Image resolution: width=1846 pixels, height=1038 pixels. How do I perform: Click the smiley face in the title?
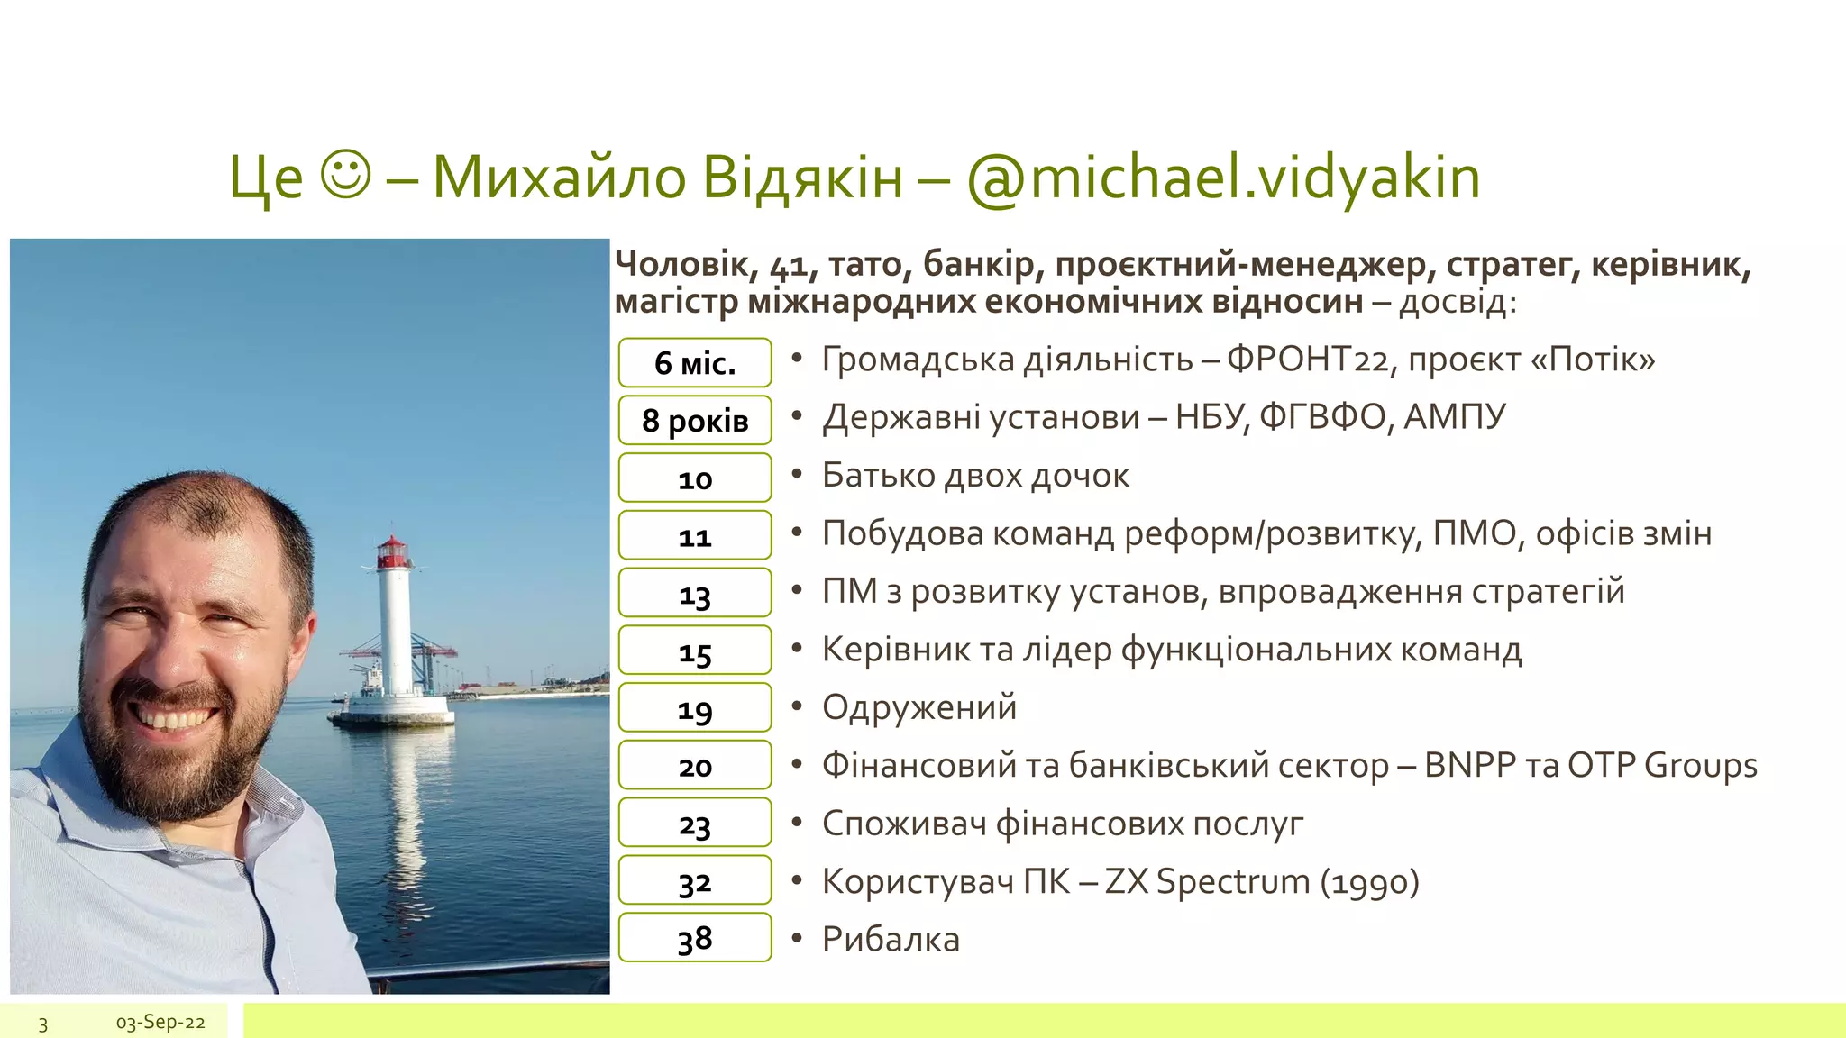tap(345, 176)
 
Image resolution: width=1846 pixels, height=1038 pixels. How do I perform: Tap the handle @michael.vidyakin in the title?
tap(1223, 178)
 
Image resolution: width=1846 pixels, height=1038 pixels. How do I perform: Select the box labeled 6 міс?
tap(695, 362)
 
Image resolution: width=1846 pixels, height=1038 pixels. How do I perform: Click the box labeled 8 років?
tap(695, 420)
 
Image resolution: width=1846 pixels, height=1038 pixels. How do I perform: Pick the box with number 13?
tap(695, 593)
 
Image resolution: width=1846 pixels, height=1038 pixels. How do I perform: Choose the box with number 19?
tap(695, 708)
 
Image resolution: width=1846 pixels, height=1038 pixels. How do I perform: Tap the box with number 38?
tap(695, 938)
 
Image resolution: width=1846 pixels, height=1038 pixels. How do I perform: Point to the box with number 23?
tap(695, 823)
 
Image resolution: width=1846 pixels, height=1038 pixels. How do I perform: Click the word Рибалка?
tap(891, 939)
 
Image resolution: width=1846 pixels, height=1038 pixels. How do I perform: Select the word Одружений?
tap(919, 707)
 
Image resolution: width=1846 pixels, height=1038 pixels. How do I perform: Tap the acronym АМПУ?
tap(1454, 417)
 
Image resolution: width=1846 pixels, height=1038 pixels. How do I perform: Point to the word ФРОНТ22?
tap(1308, 360)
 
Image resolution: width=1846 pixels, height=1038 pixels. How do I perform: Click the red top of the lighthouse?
tap(392, 551)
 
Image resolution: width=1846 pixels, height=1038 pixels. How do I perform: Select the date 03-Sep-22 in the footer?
tap(160, 1022)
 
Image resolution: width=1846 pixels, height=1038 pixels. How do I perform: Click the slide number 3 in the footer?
tap(42, 1023)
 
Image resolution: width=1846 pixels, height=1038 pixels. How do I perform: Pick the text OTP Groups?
tap(1662, 765)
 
